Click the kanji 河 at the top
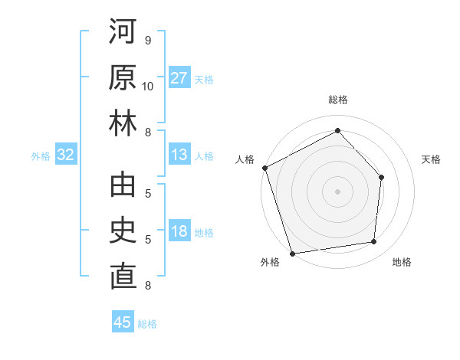click(123, 34)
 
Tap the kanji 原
click(123, 79)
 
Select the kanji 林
click(123, 124)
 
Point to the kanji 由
click(123, 186)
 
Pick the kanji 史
click(123, 231)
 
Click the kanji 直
click(123, 277)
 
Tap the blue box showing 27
click(179, 78)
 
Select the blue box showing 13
click(179, 155)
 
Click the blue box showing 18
click(179, 232)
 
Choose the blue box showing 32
click(65, 155)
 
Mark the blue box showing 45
click(123, 322)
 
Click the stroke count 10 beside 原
click(148, 86)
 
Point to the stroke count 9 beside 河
click(147, 41)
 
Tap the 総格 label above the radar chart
click(337, 100)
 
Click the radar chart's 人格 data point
click(265, 168)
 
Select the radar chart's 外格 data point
click(292, 253)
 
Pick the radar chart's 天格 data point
click(381, 177)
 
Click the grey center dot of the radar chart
click(337, 191)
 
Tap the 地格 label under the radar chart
click(402, 262)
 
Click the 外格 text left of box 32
click(41, 156)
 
